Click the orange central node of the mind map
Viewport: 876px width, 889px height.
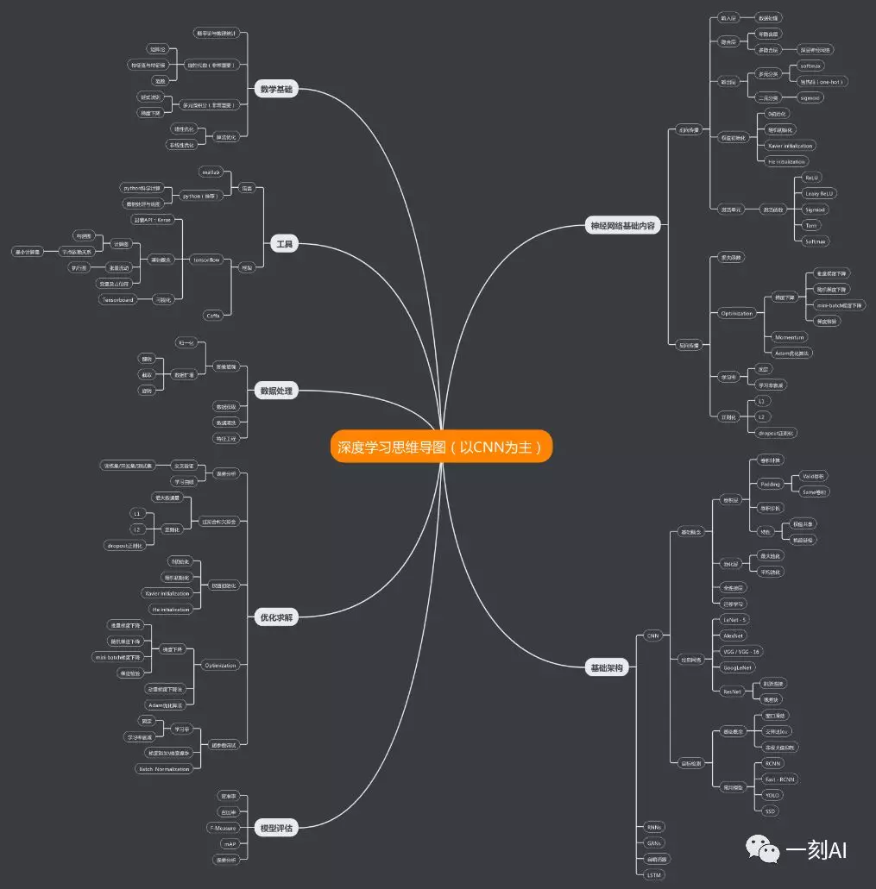440,447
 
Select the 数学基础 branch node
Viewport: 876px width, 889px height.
276,89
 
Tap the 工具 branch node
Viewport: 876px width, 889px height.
283,245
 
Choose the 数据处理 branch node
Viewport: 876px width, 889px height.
276,391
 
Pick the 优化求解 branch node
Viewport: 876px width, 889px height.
276,617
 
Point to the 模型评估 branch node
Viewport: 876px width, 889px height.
276,829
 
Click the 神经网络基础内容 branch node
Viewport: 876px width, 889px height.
621,227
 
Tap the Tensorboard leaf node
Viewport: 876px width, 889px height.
120,299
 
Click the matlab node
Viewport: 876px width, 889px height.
211,172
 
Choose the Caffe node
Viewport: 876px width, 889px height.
212,316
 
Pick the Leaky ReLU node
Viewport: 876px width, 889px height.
819,193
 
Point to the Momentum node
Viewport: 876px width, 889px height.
789,337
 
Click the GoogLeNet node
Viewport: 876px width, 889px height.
738,667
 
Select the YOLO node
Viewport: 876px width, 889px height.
772,795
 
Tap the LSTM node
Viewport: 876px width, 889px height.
654,874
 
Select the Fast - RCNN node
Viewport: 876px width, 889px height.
780,779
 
